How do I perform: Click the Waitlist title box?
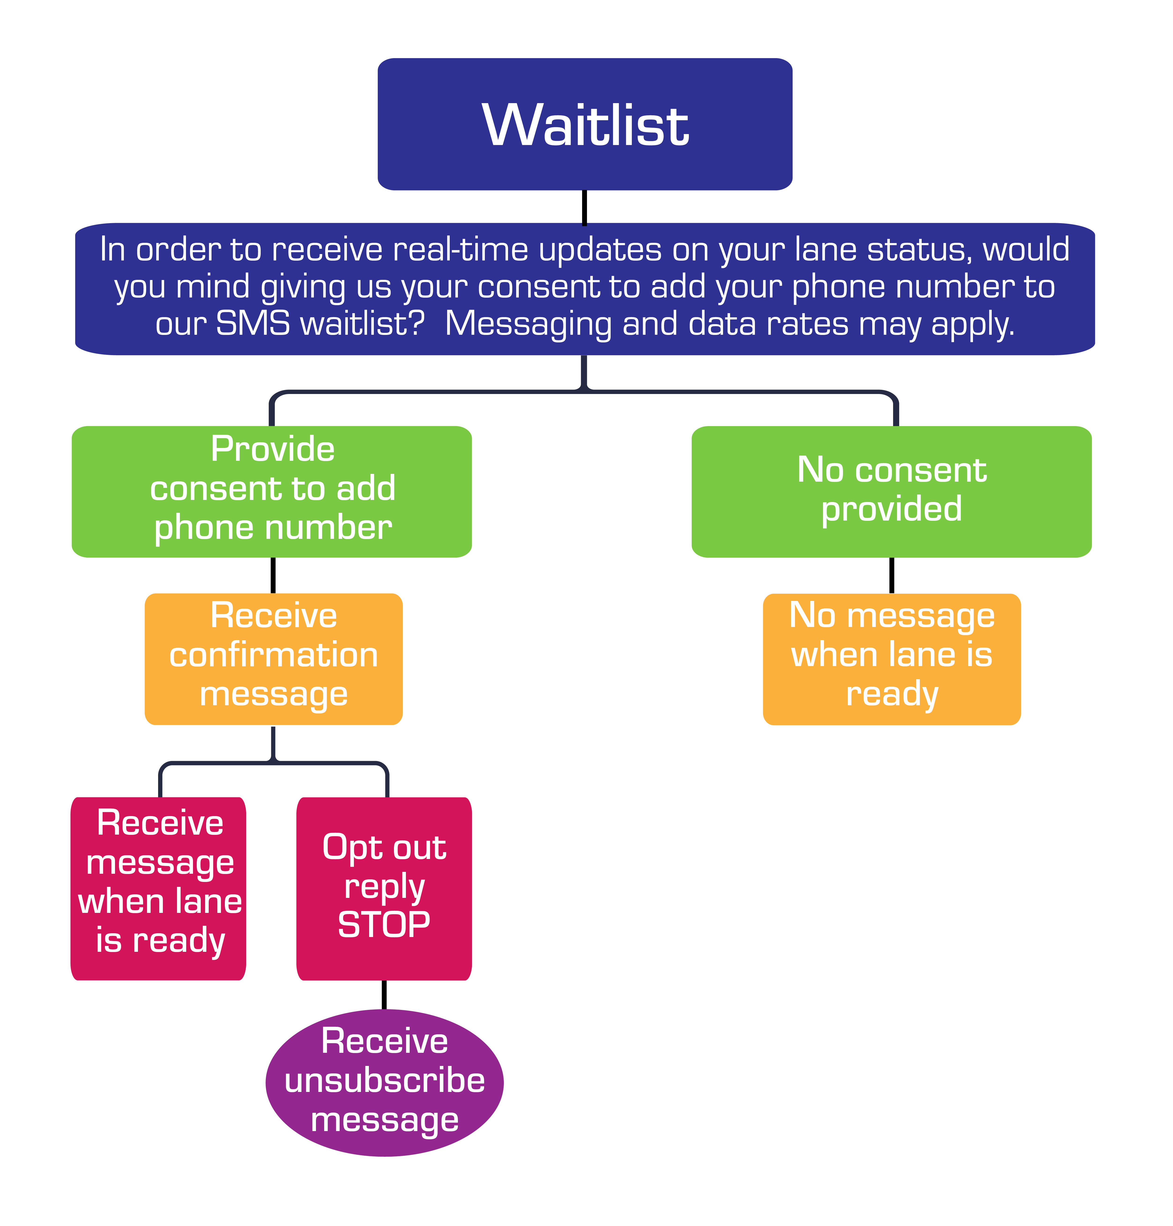(585, 124)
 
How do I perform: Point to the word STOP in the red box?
(384, 925)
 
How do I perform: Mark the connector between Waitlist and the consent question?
(585, 206)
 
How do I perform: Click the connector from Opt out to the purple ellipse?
(384, 995)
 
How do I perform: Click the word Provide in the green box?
(273, 449)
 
